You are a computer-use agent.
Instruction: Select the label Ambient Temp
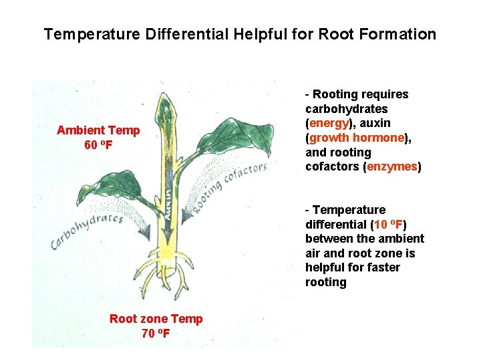pos(98,130)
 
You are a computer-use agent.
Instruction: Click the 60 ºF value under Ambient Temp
pos(98,144)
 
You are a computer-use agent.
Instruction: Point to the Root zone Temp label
pos(156,319)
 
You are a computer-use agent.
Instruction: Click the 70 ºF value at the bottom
pos(156,333)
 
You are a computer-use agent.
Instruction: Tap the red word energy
pos(329,123)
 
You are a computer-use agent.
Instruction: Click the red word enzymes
pos(392,166)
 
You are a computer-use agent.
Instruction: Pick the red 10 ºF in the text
pos(388,225)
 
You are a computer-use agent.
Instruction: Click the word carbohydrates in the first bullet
pos(346,109)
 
